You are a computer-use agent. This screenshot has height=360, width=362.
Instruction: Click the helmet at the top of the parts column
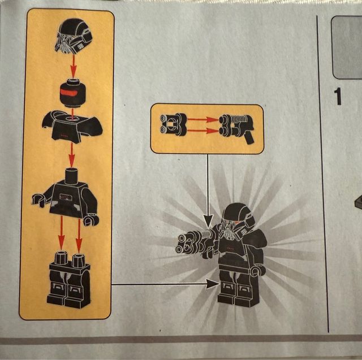tap(74, 36)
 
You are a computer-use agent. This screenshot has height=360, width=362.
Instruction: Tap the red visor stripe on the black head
tap(72, 93)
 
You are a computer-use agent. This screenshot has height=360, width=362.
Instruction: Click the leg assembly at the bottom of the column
tap(69, 280)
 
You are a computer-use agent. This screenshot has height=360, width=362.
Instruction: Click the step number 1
tap(338, 97)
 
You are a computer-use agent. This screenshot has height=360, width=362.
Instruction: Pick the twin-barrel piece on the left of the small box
tap(173, 124)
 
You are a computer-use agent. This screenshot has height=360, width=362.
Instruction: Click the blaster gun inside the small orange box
tap(236, 128)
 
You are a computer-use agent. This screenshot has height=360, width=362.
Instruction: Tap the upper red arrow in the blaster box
tap(202, 119)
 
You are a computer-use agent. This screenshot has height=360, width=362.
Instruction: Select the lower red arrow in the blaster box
tap(202, 131)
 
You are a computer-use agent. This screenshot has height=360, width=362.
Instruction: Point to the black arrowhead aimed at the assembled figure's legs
tap(213, 284)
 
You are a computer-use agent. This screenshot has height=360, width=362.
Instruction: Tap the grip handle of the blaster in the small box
tap(249, 138)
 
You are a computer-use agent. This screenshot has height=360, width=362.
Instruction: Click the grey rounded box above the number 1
tap(347, 47)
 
